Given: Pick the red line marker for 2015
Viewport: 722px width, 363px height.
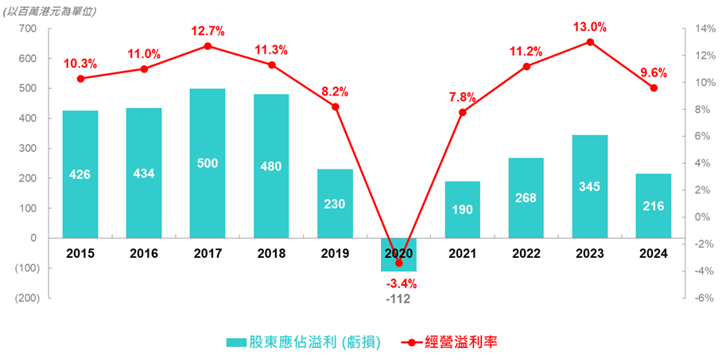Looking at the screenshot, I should (x=80, y=79).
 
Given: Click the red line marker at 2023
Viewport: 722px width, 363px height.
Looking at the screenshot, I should (x=590, y=42).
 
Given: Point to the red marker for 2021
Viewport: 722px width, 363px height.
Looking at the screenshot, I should (x=462, y=112).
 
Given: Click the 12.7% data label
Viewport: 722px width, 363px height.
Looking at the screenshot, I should (x=208, y=31).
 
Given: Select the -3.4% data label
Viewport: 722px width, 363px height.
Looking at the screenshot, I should (x=401, y=283).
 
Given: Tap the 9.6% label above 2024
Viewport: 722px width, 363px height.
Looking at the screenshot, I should (x=653, y=72).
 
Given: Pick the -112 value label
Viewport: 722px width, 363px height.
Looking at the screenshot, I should (x=399, y=299).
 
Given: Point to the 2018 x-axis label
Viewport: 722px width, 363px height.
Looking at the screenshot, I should (x=271, y=253).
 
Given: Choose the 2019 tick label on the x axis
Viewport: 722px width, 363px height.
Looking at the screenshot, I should (x=335, y=253).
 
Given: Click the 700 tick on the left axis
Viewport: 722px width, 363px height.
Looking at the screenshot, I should (x=27, y=29).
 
